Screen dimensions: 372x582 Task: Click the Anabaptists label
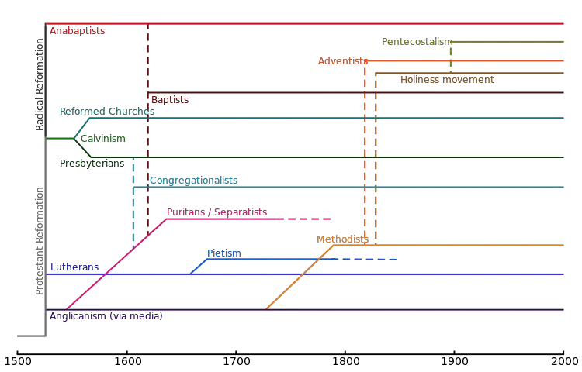tap(77, 30)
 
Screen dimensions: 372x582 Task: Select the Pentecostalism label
tap(416, 42)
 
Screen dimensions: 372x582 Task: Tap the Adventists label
tap(341, 60)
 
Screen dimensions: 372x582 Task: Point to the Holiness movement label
tap(447, 80)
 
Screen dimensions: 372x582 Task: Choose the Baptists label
tap(169, 100)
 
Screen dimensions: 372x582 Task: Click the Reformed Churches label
tap(107, 112)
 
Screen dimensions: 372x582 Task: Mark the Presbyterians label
tap(91, 163)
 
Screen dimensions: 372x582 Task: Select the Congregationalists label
tap(193, 181)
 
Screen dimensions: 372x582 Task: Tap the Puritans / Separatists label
tap(217, 212)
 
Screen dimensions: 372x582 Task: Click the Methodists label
tap(342, 239)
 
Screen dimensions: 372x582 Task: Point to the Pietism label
tap(223, 253)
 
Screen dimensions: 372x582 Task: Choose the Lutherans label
tap(74, 267)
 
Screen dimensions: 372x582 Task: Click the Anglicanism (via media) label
tap(106, 315)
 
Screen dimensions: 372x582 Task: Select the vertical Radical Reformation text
tap(37, 84)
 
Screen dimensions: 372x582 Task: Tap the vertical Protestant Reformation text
tap(37, 240)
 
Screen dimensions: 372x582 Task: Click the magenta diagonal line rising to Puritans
tap(116, 263)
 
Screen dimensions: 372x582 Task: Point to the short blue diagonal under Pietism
tap(199, 266)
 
